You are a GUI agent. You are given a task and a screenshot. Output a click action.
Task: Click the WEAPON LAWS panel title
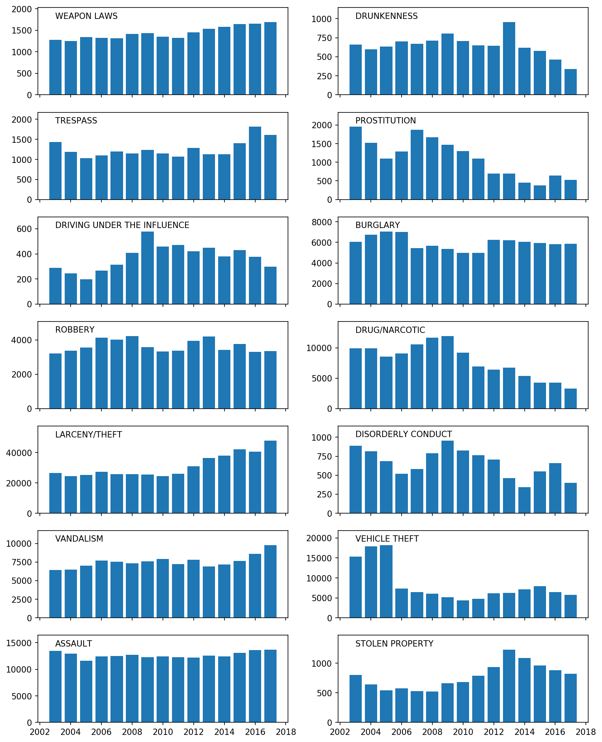tap(86, 16)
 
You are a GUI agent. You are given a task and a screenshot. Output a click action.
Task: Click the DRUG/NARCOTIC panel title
tap(390, 330)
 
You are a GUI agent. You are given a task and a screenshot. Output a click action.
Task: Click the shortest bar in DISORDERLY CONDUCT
tap(524, 500)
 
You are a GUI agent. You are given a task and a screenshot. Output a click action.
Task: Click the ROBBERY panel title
tap(75, 330)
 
